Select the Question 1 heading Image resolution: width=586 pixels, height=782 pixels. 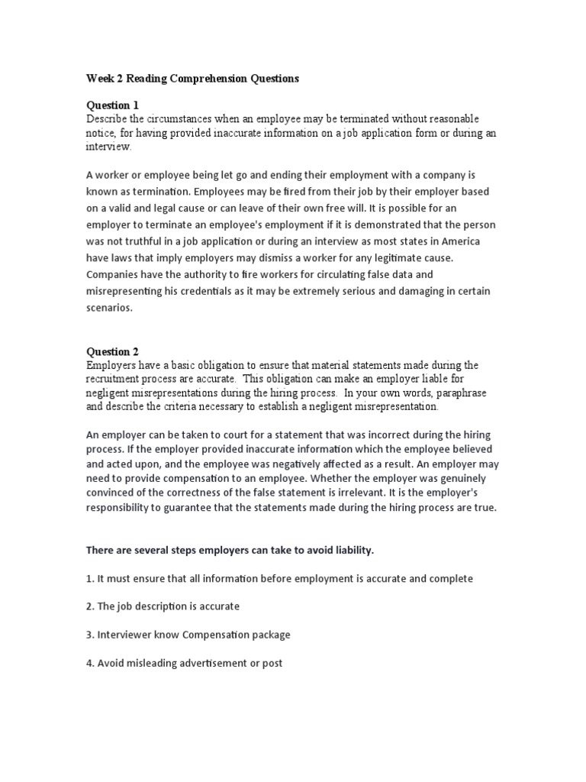(112, 105)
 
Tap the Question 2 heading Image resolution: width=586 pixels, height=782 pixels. (112, 352)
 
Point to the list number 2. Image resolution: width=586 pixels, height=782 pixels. (89, 607)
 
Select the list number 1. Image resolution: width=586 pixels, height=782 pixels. (89, 579)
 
